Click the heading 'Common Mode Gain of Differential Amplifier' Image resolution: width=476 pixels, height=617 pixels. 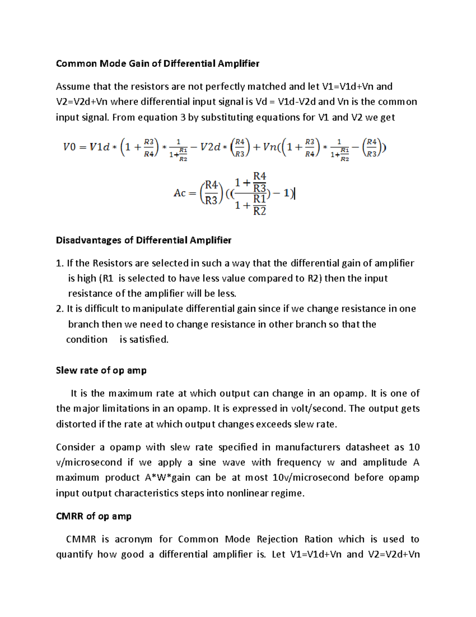[x=157, y=64]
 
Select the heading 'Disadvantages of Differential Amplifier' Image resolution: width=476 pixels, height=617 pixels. [x=144, y=240]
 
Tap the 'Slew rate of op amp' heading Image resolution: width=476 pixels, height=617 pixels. [x=101, y=370]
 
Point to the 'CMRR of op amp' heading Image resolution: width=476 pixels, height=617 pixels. [x=94, y=516]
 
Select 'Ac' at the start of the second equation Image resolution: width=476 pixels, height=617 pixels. [x=179, y=193]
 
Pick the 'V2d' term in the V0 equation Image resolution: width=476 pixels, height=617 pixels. [x=210, y=147]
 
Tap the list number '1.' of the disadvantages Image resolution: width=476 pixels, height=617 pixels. [x=59, y=263]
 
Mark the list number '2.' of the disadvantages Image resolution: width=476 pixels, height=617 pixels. [x=59, y=309]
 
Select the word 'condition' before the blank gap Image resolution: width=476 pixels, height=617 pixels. [x=86, y=340]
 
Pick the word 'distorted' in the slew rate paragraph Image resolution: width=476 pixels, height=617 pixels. [x=75, y=424]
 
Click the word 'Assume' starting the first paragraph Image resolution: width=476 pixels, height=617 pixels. [x=73, y=87]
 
